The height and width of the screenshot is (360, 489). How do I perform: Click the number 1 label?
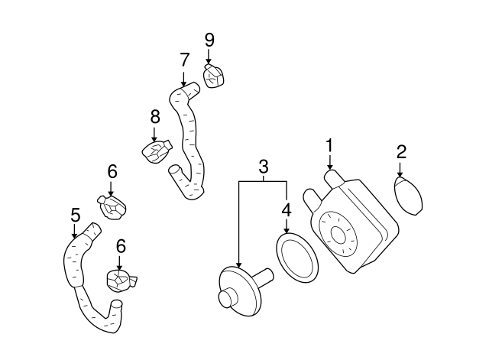[x=329, y=145]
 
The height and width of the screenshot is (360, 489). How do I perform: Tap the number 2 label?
[x=401, y=151]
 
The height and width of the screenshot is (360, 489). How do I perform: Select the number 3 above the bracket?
[x=263, y=166]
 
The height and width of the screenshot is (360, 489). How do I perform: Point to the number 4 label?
[x=286, y=209]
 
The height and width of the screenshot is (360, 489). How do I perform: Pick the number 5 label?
[x=75, y=215]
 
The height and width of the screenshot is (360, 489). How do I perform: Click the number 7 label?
[x=183, y=59]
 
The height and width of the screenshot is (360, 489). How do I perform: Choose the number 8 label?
[x=154, y=117]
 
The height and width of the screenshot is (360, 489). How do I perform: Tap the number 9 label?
[x=209, y=39]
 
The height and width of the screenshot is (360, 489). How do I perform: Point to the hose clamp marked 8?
[x=159, y=150]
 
